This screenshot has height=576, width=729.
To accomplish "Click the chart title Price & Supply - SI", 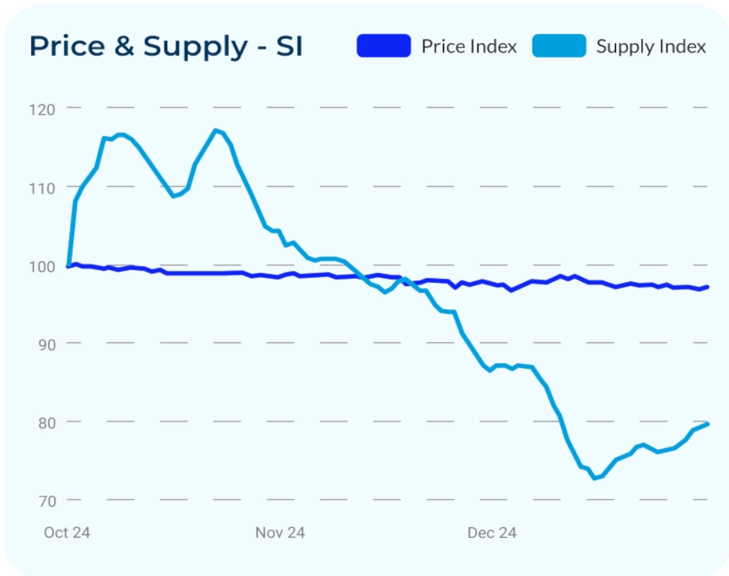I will tap(165, 46).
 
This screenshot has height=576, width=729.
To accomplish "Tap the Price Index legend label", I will tap(469, 46).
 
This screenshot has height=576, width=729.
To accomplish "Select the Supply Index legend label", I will tap(651, 46).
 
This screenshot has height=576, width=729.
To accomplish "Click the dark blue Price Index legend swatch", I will tap(383, 46).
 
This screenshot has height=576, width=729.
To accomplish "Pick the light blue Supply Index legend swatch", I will tap(559, 46).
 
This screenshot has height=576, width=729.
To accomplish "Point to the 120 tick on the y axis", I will tap(41, 109).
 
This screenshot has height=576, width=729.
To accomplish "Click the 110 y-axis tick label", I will tap(41, 187).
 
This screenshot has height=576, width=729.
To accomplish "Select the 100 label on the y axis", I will tap(41, 265).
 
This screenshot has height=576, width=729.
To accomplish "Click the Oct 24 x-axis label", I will tap(67, 533).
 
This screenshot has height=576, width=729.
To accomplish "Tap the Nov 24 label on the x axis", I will tap(280, 533).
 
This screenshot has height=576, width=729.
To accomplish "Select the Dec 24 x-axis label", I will tap(492, 533).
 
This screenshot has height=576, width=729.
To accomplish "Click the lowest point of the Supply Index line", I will tap(594, 478).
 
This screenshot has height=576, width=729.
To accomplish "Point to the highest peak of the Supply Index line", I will tap(216, 130).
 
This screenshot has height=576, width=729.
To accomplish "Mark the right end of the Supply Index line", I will tap(707, 424).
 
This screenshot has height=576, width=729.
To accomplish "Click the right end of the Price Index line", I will tap(707, 287).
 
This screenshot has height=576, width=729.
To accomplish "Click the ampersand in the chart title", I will tap(123, 46).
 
